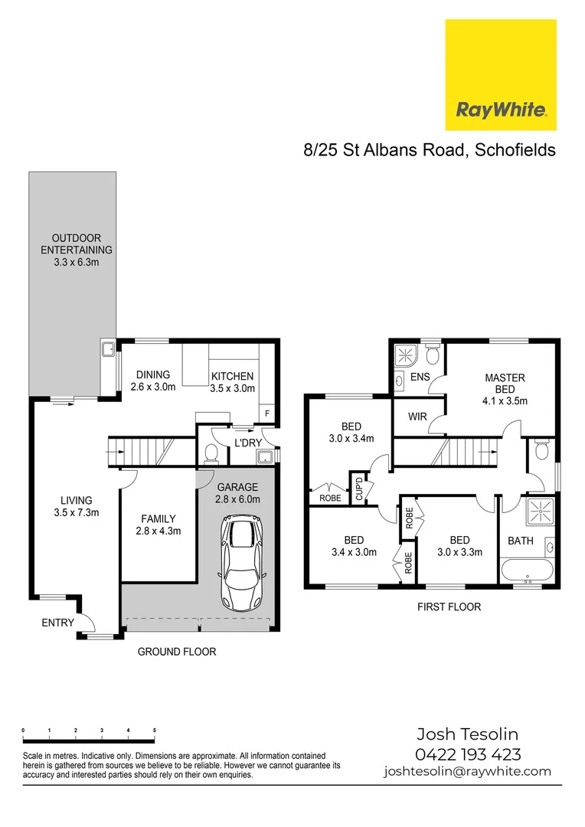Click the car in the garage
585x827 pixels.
click(x=239, y=563)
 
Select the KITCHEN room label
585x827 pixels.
click(x=232, y=376)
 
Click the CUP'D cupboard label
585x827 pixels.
click(x=359, y=489)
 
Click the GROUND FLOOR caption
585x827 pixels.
click(x=177, y=652)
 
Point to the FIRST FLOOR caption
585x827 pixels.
click(x=449, y=607)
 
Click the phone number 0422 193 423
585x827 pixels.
click(x=468, y=754)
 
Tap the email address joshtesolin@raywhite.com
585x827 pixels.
click(x=468, y=771)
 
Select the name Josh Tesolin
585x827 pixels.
click(x=468, y=735)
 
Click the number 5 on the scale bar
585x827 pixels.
click(x=155, y=731)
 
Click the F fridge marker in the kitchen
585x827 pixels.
click(x=267, y=413)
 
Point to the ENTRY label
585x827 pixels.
click(x=58, y=623)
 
